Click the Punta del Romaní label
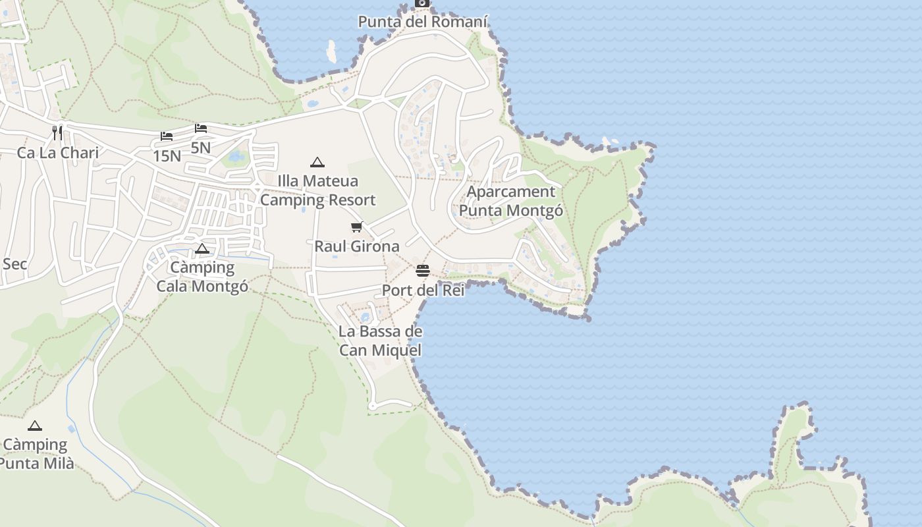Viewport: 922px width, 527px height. tap(423, 22)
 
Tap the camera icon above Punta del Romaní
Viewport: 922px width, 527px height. tap(422, 3)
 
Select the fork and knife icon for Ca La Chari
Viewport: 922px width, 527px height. tap(57, 133)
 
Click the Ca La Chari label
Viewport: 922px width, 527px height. tap(58, 153)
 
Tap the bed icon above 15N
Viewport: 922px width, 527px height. tap(167, 136)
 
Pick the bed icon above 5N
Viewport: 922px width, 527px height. tap(201, 128)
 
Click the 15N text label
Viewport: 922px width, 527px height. tap(167, 156)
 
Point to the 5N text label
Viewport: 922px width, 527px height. tap(201, 148)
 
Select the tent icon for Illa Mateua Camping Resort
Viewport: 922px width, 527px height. tap(317, 162)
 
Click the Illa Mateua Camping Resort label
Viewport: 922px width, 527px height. tap(317, 190)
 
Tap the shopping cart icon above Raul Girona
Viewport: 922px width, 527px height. tap(357, 227)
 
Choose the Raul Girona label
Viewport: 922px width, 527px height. tap(357, 246)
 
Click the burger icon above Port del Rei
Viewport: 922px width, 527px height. tap(423, 271)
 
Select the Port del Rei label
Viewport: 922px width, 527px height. tap(423, 290)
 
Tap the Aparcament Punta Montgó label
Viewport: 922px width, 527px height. tap(511, 201)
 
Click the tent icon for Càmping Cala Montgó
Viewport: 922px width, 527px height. tap(202, 248)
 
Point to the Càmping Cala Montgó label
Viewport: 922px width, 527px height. tap(202, 277)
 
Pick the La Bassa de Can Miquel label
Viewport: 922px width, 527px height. tap(380, 341)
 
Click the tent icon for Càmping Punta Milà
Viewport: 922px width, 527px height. tap(35, 426)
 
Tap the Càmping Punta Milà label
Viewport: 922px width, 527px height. tap(36, 454)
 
